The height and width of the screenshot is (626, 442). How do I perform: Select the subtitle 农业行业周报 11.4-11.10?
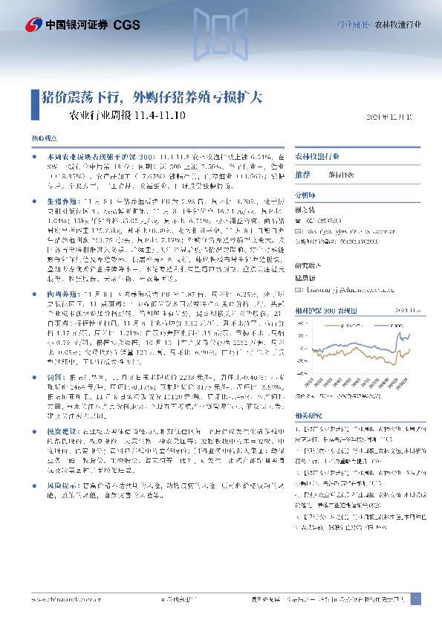coord(127,116)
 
